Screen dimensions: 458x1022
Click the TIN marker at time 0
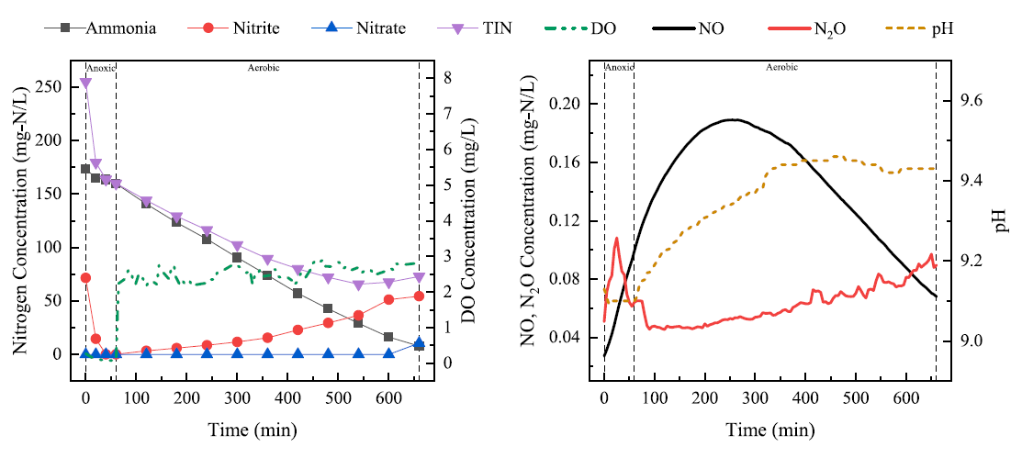tap(85, 84)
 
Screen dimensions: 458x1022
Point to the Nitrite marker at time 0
tap(85, 277)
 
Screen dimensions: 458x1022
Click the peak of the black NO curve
tap(731, 119)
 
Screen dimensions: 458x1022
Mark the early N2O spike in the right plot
tap(616, 239)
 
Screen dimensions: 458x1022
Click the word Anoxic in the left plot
tap(100, 67)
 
